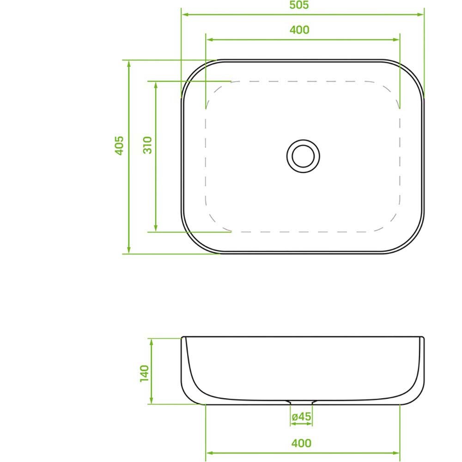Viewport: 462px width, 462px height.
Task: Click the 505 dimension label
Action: pyautogui.click(x=299, y=5)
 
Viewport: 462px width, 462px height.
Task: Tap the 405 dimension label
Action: pyautogui.click(x=119, y=145)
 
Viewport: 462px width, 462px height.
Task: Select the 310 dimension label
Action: pyautogui.click(x=147, y=145)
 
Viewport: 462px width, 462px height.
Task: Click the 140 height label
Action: pyautogui.click(x=144, y=374)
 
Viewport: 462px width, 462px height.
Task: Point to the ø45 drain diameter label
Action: pyautogui.click(x=301, y=417)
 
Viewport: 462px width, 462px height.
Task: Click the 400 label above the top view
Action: pyautogui.click(x=299, y=30)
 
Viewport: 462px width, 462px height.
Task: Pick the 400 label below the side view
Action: pyautogui.click(x=301, y=443)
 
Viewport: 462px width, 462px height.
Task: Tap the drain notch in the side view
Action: pyautogui.click(x=301, y=402)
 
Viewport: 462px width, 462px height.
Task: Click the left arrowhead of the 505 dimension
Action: pyautogui.click(x=185, y=14)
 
